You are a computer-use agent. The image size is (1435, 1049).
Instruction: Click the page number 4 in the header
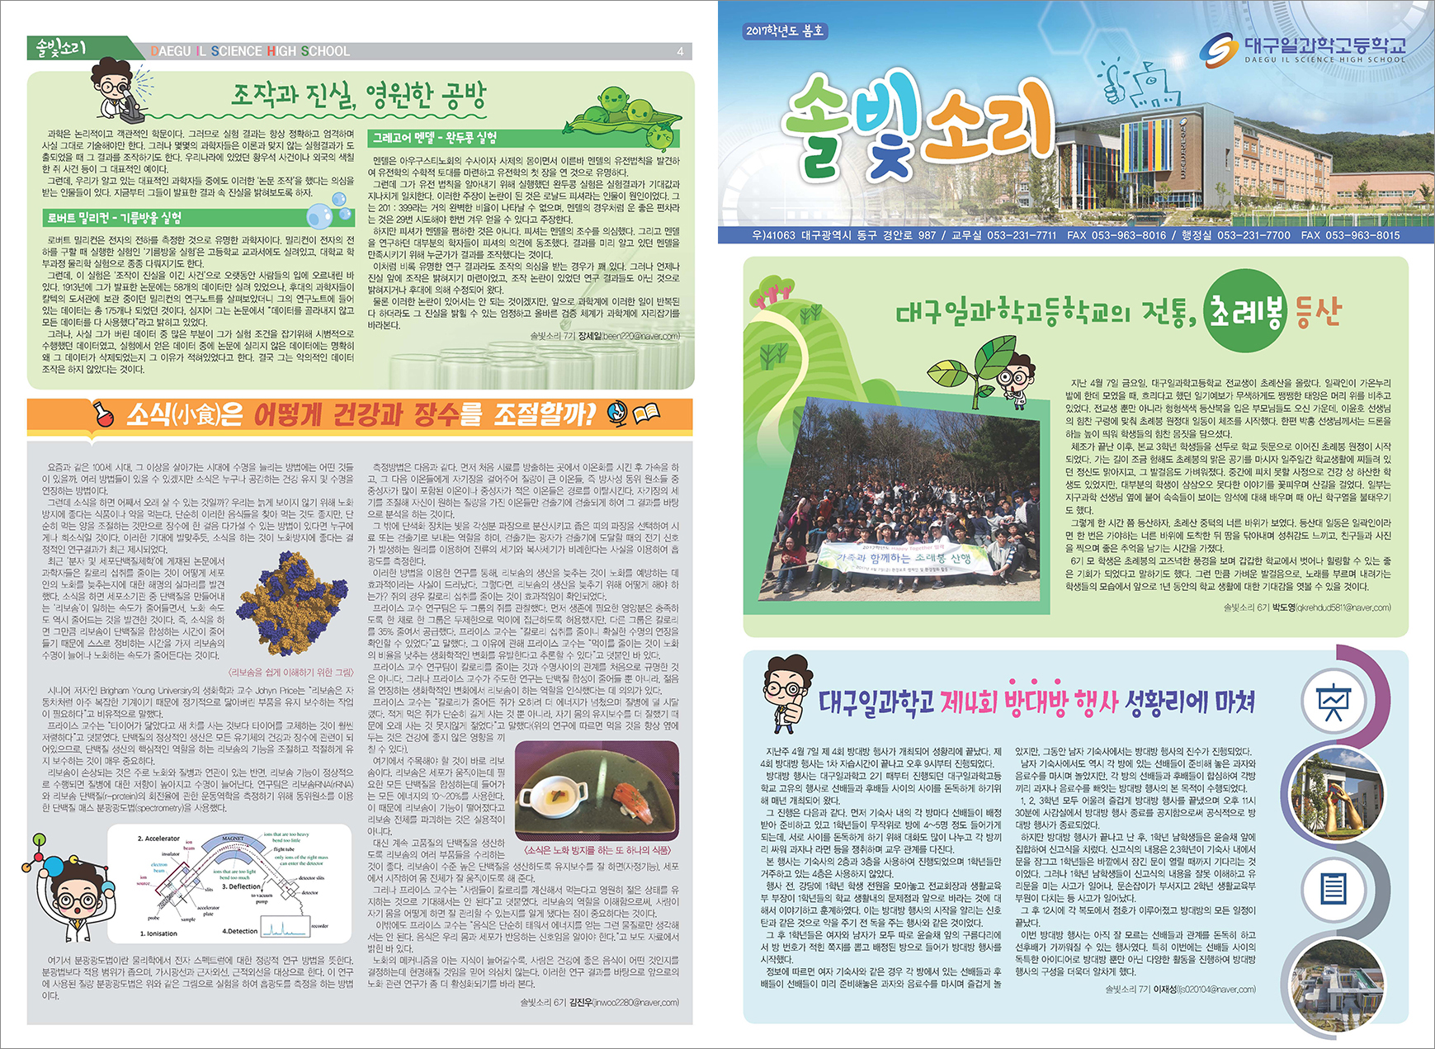[680, 51]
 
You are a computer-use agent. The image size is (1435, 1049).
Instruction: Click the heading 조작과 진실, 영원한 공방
[359, 96]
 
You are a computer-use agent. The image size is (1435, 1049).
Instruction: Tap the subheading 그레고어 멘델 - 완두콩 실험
[435, 138]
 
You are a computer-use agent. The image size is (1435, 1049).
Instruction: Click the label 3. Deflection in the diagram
[241, 886]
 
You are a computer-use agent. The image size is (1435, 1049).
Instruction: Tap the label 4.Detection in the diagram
[239, 931]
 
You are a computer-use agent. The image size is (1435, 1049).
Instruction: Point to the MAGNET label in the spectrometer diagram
[233, 839]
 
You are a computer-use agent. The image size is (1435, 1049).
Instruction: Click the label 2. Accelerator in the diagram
[158, 839]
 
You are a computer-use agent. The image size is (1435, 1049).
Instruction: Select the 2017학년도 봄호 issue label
[784, 31]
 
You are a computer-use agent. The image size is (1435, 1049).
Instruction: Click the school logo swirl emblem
[1219, 50]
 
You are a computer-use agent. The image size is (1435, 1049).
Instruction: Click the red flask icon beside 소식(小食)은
[103, 414]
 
